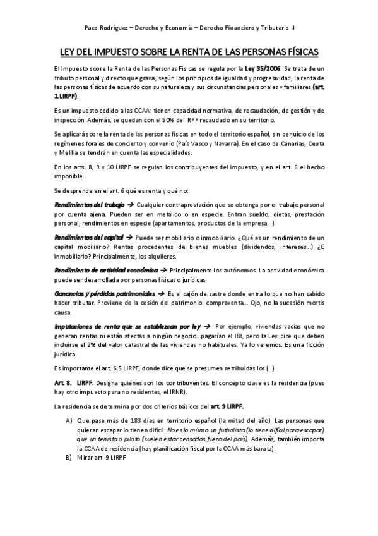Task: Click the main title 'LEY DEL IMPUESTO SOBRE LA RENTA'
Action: [189, 51]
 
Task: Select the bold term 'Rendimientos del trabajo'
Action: [89, 206]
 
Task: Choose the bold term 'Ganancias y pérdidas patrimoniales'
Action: [104, 294]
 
